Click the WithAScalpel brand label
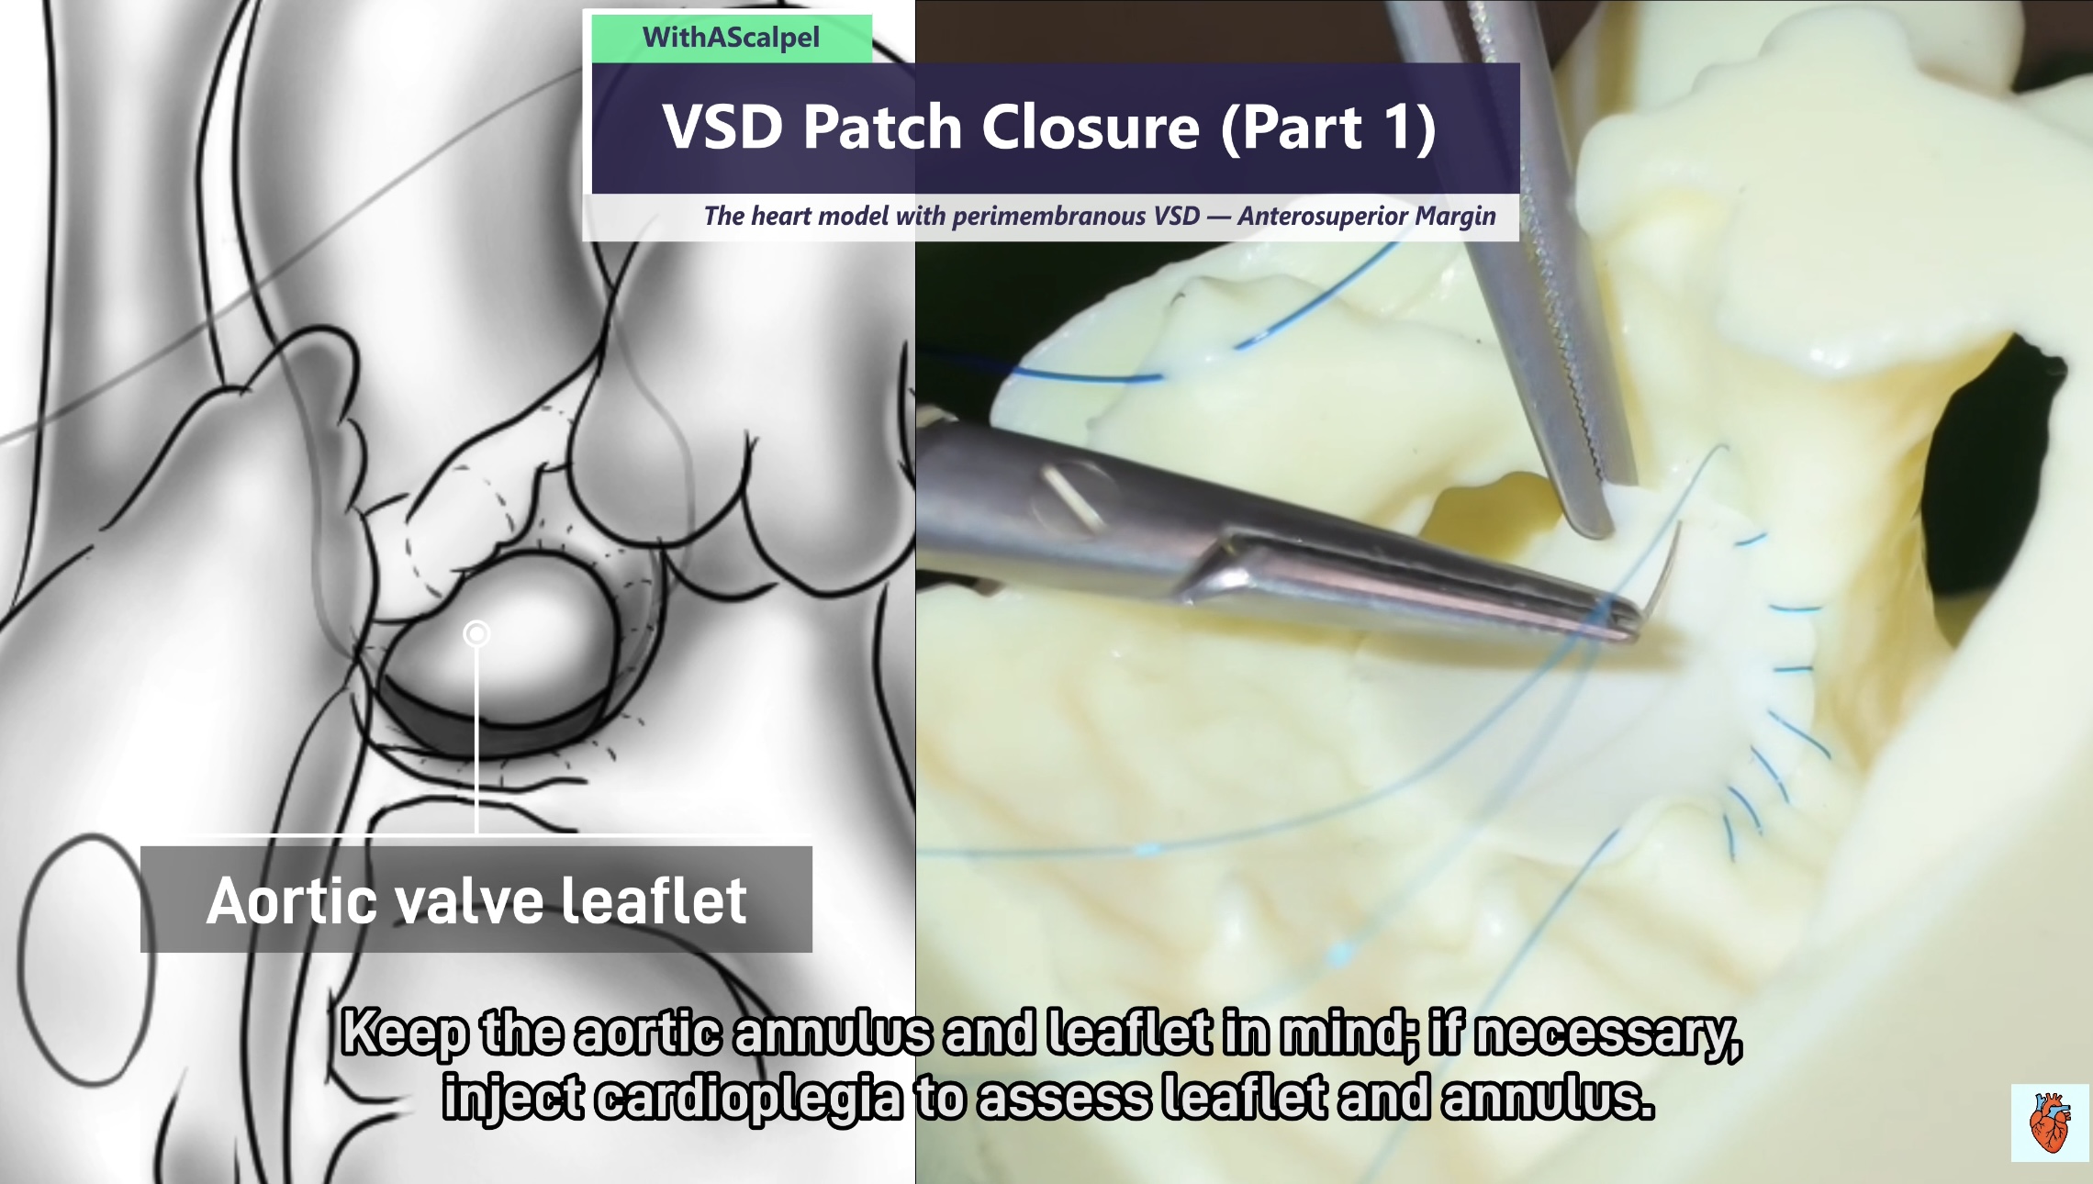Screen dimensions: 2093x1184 (731, 38)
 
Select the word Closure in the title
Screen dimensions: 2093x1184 (1091, 127)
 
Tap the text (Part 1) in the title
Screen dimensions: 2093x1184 (1328, 128)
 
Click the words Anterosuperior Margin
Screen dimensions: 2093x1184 (1367, 216)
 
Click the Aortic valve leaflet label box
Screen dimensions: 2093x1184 (476, 899)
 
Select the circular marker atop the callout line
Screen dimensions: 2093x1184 (476, 633)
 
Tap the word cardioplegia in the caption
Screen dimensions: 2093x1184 (748, 1098)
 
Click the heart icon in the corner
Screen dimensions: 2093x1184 (2049, 1122)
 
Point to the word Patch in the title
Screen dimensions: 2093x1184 (882, 127)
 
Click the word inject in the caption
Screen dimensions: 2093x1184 (512, 1100)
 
